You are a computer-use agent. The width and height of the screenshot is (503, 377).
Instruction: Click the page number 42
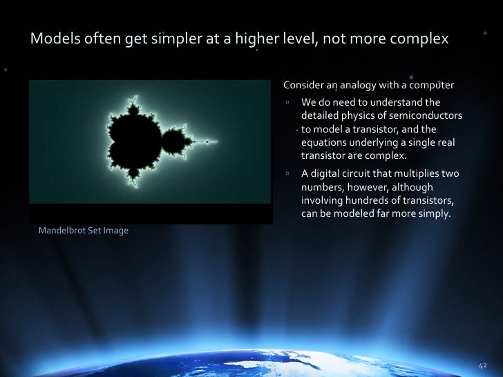coord(482,364)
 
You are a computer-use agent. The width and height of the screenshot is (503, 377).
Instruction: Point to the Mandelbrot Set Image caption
coord(83,230)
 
